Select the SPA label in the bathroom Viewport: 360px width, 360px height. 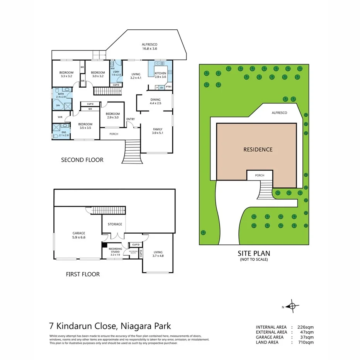tap(58, 105)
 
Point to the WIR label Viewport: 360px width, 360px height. tap(60, 117)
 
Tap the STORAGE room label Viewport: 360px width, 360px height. tap(115, 224)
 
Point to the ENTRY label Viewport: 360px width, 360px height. tap(131, 119)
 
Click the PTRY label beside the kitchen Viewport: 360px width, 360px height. tap(168, 87)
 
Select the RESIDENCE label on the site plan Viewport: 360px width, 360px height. tap(258, 149)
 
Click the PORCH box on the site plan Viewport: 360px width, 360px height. tap(260, 175)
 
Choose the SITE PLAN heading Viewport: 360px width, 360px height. tap(254, 253)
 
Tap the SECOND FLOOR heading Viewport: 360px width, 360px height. tap(82, 160)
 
